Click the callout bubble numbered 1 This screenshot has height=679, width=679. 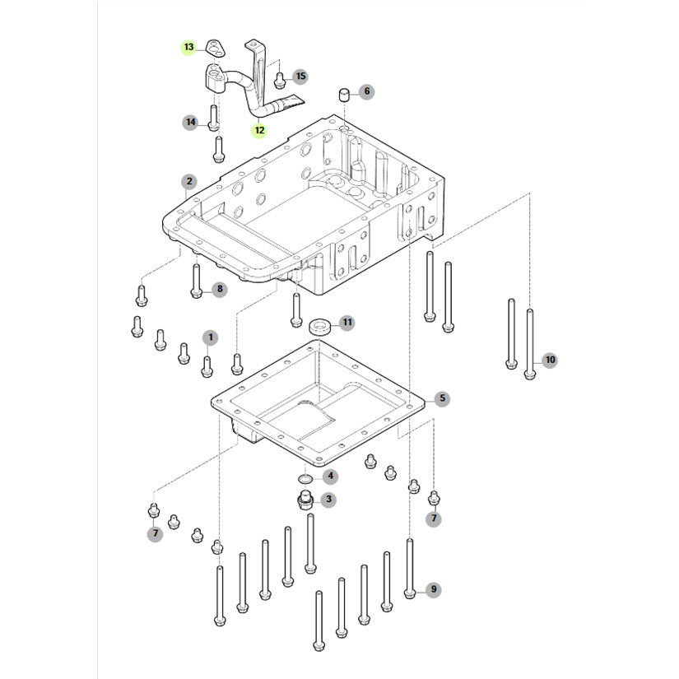(210, 337)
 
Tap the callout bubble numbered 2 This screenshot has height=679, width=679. (188, 181)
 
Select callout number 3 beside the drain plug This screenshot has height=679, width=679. (328, 499)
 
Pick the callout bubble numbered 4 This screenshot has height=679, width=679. (330, 476)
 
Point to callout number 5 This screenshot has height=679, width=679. (442, 399)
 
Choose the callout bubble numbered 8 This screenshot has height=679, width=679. (219, 289)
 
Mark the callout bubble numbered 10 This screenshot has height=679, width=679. (550, 360)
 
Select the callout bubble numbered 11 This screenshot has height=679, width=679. (346, 322)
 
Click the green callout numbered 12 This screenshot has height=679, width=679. (258, 129)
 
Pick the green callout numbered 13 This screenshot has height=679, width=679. (188, 48)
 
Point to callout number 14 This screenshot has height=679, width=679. (191, 123)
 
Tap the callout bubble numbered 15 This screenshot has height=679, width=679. (300, 77)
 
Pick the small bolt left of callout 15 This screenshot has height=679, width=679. (280, 80)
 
